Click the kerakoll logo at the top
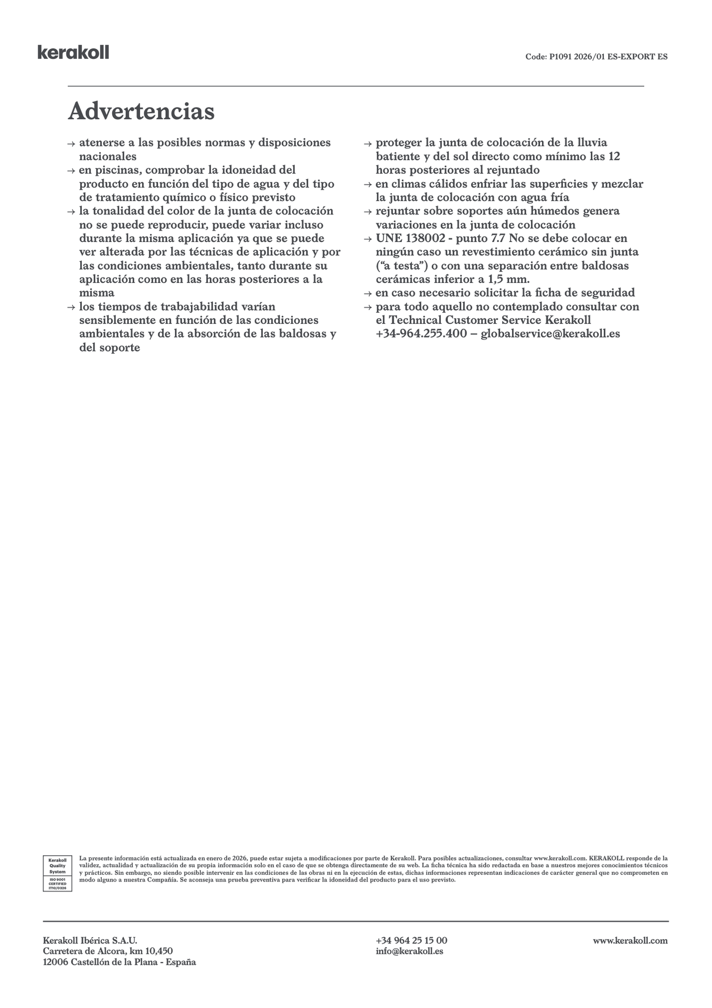click(73, 52)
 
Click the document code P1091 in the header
click(560, 57)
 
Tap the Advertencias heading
click(141, 111)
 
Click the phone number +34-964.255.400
click(421, 334)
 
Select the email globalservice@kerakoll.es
click(550, 334)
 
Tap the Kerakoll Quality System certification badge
click(57, 873)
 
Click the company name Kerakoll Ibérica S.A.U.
click(90, 940)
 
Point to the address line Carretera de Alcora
click(108, 951)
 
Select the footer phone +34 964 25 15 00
click(411, 940)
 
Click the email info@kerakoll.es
click(409, 951)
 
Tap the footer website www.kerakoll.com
click(630, 940)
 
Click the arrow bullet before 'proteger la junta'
click(368, 143)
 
